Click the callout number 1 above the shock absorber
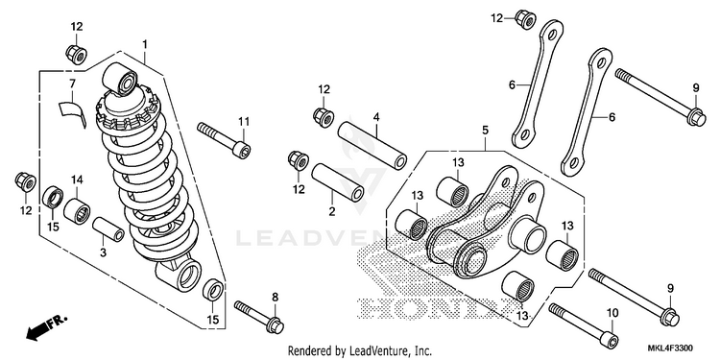click(145, 44)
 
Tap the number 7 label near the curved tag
click(72, 84)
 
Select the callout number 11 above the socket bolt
click(244, 122)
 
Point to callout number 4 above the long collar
click(376, 117)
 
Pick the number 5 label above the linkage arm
click(486, 131)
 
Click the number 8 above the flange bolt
click(276, 298)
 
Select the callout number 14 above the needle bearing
click(77, 180)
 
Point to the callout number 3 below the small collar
click(103, 252)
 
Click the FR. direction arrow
click(46, 327)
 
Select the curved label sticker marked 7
click(73, 112)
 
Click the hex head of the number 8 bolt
click(276, 325)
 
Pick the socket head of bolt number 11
click(242, 150)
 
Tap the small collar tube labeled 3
click(108, 229)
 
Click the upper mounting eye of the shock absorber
click(119, 79)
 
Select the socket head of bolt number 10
click(610, 340)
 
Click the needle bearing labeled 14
click(77, 211)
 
